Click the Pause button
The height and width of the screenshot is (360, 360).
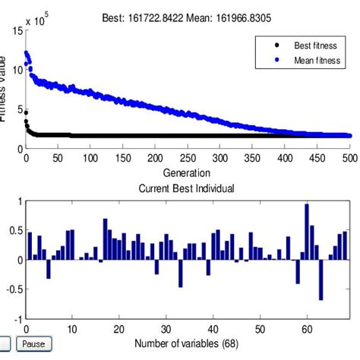click(34, 344)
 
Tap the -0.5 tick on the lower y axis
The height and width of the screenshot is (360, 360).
click(13, 289)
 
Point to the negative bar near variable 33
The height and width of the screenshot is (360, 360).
click(181, 273)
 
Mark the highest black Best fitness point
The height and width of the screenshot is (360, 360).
click(26, 112)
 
